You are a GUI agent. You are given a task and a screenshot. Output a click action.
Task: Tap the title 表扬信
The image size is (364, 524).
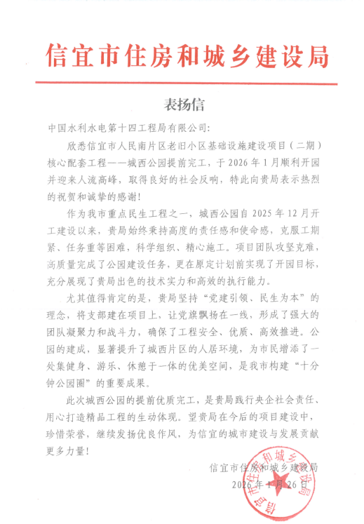pyautogui.click(x=184, y=106)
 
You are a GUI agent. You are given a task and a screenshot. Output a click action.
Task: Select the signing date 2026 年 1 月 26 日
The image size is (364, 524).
pyautogui.click(x=269, y=485)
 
